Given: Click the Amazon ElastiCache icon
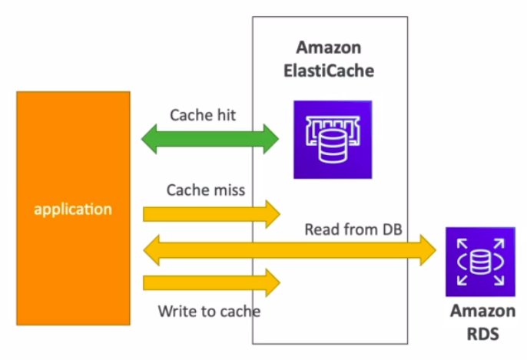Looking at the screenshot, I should tap(332, 140).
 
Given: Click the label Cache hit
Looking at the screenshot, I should tap(203, 115).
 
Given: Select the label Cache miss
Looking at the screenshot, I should tap(205, 190).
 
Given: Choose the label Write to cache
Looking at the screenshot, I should tap(209, 311).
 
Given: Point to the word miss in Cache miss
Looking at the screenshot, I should tap(227, 190).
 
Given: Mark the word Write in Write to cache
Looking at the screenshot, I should tap(174, 311).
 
